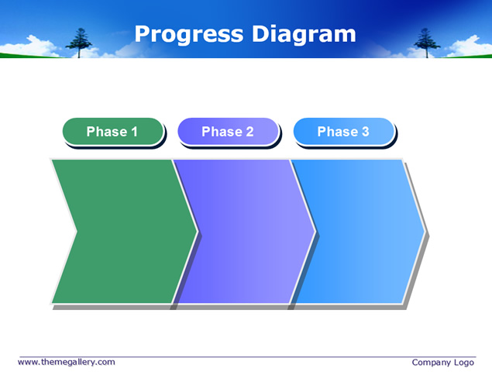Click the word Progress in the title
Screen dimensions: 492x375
click(x=189, y=35)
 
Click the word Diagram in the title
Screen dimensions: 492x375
click(x=304, y=35)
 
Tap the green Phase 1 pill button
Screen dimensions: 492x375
click(x=113, y=132)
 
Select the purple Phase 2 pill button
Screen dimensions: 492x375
click(x=228, y=132)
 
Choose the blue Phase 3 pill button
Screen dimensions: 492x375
click(x=343, y=132)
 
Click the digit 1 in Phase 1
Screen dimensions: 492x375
click(x=135, y=132)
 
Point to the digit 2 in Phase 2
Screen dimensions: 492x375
click(x=249, y=132)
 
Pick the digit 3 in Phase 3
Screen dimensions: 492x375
click(x=365, y=132)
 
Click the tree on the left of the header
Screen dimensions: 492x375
click(x=79, y=43)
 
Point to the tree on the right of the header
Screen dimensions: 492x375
click(x=427, y=43)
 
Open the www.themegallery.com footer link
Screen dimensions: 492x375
click(x=66, y=362)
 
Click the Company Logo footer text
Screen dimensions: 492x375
click(x=442, y=363)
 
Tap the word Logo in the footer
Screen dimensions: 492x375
click(x=464, y=363)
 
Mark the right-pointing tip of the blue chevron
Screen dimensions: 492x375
click(x=425, y=232)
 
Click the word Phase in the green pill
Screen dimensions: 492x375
click(x=107, y=132)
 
